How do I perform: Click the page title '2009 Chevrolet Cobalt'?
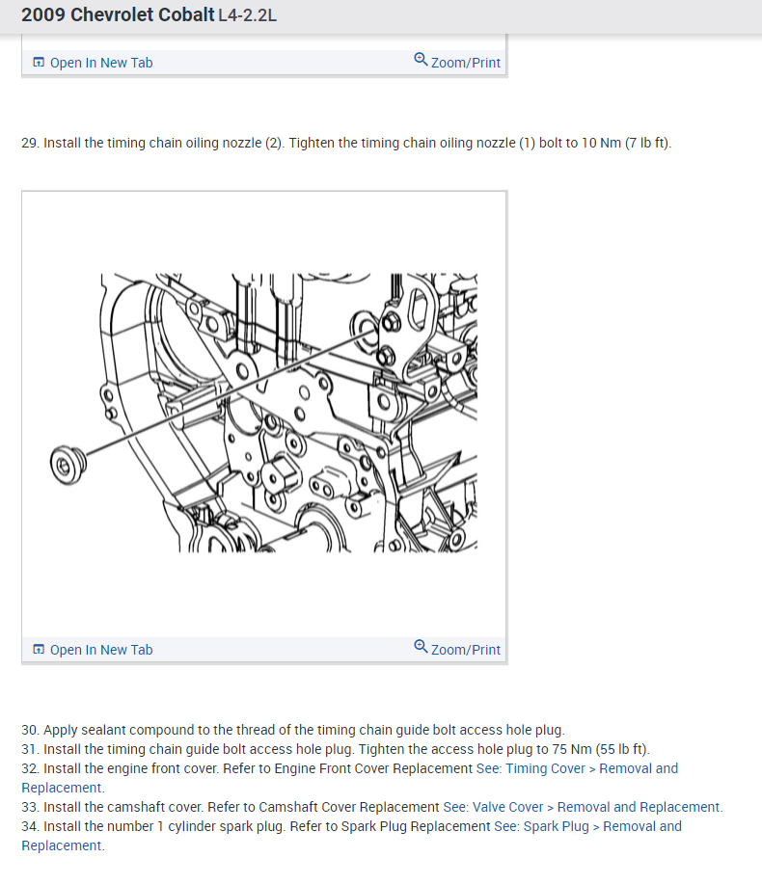coord(118,14)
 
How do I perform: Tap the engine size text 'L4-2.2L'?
coord(248,15)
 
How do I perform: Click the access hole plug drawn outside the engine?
coord(68,465)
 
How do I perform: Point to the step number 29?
coord(30,143)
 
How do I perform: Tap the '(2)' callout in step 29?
coord(273,143)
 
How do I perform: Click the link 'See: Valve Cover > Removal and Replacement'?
coord(583,807)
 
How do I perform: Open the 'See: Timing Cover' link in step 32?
coord(531,768)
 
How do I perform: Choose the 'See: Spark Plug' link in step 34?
coord(541,826)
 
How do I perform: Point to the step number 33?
coord(30,807)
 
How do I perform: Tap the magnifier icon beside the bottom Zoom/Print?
coord(421,646)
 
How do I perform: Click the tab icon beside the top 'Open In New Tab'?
coord(39,62)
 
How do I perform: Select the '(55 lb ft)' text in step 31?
coord(622,749)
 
